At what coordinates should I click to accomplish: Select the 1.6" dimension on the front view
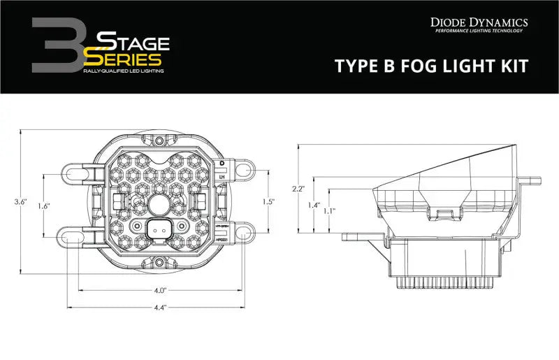[x=43, y=206]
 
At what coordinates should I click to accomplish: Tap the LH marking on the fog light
[x=222, y=177]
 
